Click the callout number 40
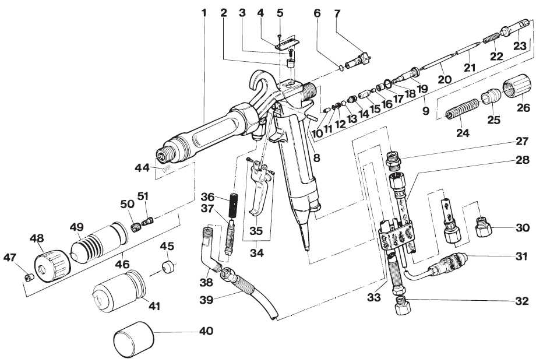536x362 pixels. pyautogui.click(x=206, y=331)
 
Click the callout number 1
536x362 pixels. pyautogui.click(x=203, y=12)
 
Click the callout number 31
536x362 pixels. pyautogui.click(x=521, y=255)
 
